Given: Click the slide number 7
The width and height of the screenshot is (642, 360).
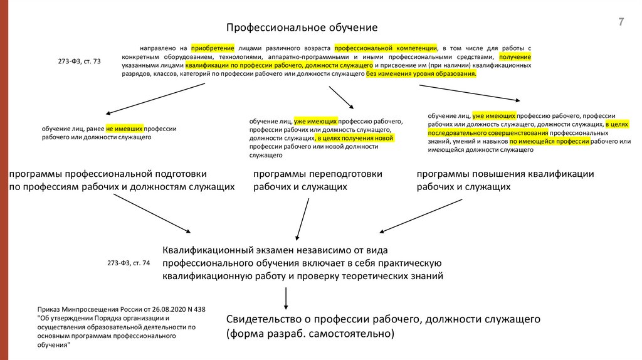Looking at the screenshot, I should point(621,23).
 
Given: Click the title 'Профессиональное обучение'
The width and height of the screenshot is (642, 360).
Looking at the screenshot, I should point(302,28).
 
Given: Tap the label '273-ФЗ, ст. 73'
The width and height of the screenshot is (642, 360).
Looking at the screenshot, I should point(79,61).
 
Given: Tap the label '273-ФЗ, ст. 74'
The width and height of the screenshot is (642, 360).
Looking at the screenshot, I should point(129,263).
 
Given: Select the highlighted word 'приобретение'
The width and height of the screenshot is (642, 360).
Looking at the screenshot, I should point(213,48).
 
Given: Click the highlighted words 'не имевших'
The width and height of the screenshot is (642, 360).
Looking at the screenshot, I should point(125,128).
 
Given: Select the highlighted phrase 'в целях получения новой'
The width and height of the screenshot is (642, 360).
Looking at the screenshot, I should point(355,138).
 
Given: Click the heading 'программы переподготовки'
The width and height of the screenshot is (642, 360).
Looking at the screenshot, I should point(317,174).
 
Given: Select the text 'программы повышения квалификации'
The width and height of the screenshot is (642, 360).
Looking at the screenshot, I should point(505,174).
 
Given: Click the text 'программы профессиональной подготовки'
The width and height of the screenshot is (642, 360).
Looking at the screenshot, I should point(107,174).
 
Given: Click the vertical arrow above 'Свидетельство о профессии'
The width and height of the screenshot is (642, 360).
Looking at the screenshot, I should point(286,299).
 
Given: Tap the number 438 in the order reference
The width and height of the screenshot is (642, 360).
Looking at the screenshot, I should point(199,309).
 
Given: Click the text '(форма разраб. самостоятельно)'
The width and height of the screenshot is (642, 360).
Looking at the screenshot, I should point(310,334).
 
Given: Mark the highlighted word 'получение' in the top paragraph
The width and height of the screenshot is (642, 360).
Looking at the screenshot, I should point(515,56).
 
